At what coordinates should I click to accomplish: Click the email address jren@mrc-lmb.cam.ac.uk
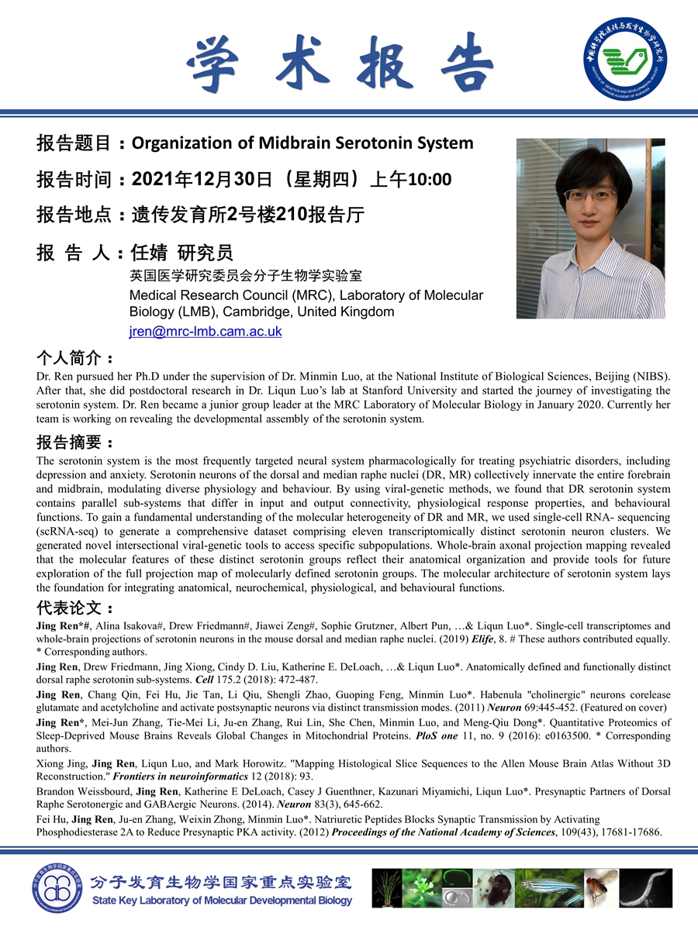tap(206, 331)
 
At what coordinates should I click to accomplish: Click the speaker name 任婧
tap(150, 253)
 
